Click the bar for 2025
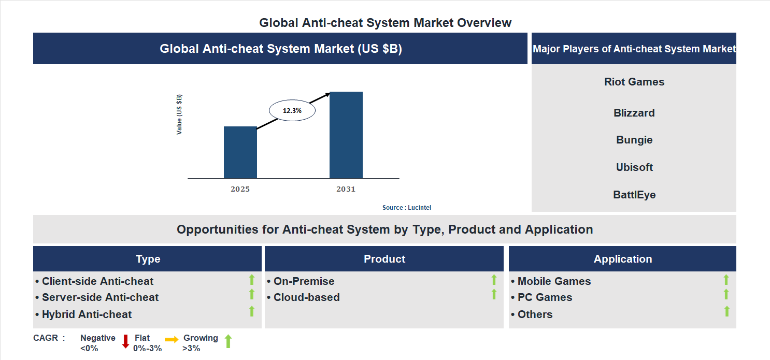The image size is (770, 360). (240, 152)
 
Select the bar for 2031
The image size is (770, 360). (346, 135)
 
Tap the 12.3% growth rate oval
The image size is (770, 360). (292, 110)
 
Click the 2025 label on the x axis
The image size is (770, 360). (240, 189)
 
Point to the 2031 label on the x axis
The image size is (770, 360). (346, 189)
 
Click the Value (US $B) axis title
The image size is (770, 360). (179, 114)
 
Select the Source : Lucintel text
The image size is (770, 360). (406, 207)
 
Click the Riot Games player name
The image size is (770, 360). (634, 82)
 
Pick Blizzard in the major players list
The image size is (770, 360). (634, 113)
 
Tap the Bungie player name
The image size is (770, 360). (634, 140)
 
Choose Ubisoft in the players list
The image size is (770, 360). (634, 167)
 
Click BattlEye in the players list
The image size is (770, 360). (634, 195)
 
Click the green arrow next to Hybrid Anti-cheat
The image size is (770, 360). (252, 311)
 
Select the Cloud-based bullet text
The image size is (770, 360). (306, 297)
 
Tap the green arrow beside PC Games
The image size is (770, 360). (726, 295)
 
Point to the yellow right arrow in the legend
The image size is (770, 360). (172, 340)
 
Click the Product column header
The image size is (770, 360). (384, 259)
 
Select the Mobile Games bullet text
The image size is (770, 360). (553, 281)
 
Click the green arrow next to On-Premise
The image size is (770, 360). (494, 280)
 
